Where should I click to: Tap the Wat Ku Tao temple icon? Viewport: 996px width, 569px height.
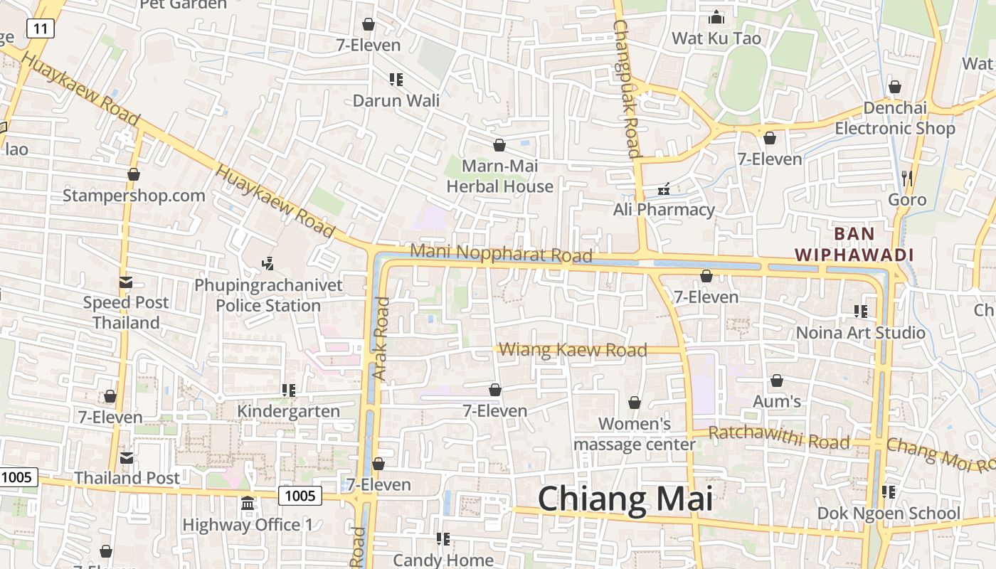(716, 16)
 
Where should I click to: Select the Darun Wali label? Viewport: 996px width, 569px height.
(396, 100)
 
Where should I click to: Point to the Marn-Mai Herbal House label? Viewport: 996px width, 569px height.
(499, 176)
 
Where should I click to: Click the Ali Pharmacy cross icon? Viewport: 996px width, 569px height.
(664, 189)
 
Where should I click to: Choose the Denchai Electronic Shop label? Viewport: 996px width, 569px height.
(895, 118)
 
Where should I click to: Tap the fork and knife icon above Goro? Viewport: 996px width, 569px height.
(906, 178)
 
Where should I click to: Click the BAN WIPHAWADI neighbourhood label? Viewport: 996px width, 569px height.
(854, 244)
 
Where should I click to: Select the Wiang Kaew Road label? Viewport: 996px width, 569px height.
(573, 349)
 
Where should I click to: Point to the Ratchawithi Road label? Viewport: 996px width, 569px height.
(779, 437)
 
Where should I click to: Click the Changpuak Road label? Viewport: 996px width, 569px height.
(626, 88)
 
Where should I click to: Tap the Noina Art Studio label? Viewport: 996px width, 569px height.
(860, 332)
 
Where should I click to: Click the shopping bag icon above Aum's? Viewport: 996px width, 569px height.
(777, 381)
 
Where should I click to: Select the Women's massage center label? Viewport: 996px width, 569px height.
(635, 434)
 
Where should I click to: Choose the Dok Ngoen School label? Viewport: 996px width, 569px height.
(889, 513)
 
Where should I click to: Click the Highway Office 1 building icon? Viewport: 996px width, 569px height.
(248, 504)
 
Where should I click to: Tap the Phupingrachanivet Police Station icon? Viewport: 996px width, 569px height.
(267, 264)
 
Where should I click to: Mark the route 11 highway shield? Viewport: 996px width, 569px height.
(40, 28)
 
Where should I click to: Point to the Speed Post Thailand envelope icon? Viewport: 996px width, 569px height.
(126, 282)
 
